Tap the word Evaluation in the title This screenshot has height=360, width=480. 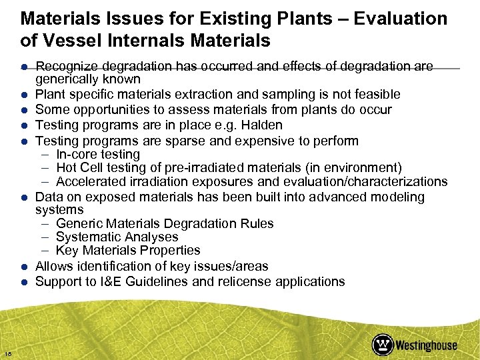401,19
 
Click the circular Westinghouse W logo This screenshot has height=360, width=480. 383,344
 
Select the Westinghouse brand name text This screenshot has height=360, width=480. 427,345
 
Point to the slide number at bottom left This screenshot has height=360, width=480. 7,353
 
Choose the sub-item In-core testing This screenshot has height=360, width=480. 98,154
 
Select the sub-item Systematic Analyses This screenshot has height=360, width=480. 117,237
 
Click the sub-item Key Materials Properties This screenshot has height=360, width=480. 128,250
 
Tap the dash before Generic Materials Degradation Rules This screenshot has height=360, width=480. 45,223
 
